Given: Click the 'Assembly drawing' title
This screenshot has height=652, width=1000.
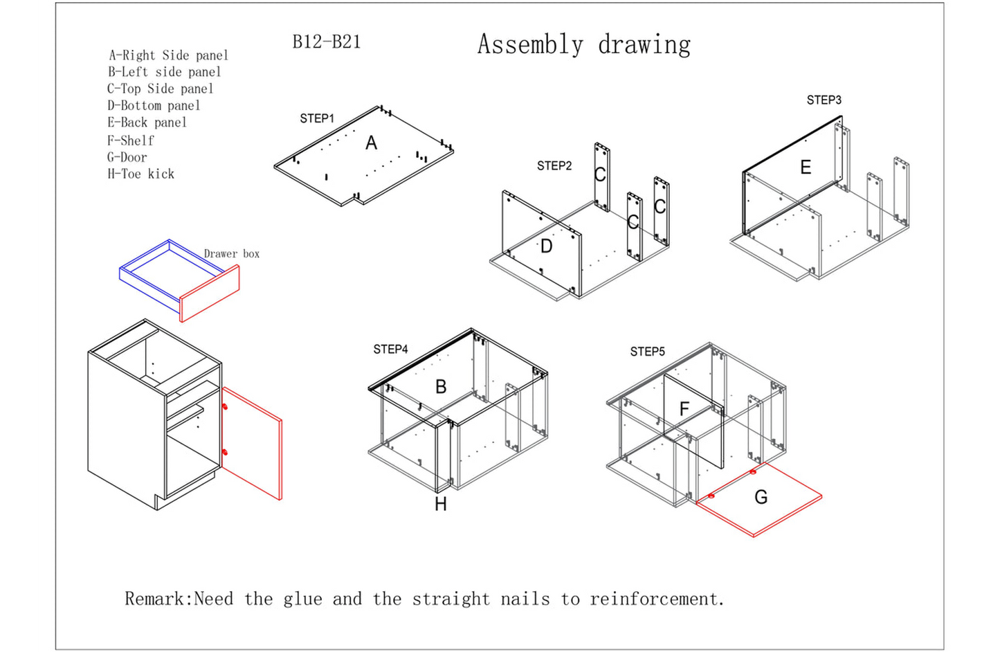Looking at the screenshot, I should [583, 45].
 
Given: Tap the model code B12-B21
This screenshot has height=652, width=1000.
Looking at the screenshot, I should [327, 42].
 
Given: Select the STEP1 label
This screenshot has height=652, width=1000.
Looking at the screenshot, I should [317, 119].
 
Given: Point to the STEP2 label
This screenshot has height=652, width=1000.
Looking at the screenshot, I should [554, 166].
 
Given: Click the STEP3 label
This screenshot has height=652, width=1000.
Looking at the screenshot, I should [824, 100].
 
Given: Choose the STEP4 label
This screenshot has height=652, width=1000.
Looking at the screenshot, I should [390, 350].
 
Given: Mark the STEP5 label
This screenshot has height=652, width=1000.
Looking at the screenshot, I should [647, 352].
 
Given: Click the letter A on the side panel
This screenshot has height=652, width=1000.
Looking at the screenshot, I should [372, 143].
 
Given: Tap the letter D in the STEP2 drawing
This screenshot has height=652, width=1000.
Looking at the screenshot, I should [546, 246].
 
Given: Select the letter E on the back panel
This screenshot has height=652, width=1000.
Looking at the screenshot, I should [806, 167].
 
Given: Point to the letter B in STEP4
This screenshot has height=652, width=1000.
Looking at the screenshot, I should [441, 387].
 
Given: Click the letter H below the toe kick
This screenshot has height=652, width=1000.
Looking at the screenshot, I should [441, 505].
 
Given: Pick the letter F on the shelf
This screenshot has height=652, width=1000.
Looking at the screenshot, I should [684, 409].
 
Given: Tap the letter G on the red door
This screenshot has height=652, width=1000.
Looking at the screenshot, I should [761, 497].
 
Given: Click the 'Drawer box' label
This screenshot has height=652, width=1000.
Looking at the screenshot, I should [232, 254].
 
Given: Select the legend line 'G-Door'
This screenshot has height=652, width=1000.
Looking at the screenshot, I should [127, 157].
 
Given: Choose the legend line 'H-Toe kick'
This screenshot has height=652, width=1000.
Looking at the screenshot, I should [141, 174].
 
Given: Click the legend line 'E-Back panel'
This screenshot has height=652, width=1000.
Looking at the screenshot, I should [147, 123].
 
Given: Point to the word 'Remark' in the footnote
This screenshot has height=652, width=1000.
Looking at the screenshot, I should [156, 599].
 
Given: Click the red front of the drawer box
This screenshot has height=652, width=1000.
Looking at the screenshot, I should [210, 293].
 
